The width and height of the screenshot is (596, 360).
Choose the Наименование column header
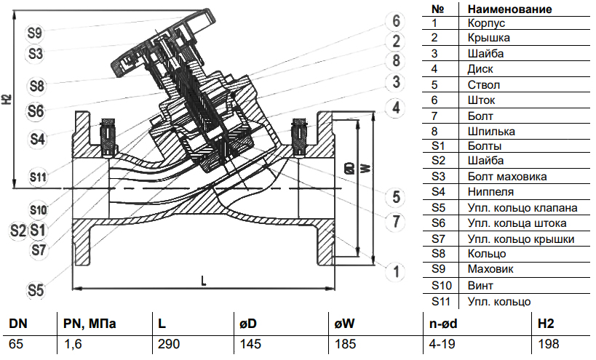509,9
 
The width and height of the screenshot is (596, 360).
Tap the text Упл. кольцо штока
516,223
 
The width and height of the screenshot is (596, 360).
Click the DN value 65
16,344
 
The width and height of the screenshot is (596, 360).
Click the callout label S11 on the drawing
38,177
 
